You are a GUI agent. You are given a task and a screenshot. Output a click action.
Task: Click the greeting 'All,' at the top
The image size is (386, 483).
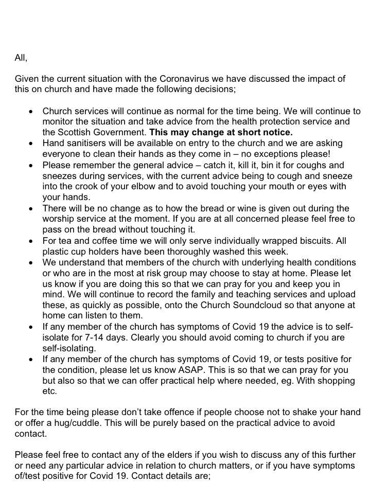pyautogui.click(x=21, y=58)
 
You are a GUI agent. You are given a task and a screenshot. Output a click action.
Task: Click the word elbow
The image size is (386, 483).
pyautogui.click(x=155, y=186)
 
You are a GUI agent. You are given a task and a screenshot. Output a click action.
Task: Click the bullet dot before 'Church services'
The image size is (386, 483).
pyautogui.click(x=31, y=111)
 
